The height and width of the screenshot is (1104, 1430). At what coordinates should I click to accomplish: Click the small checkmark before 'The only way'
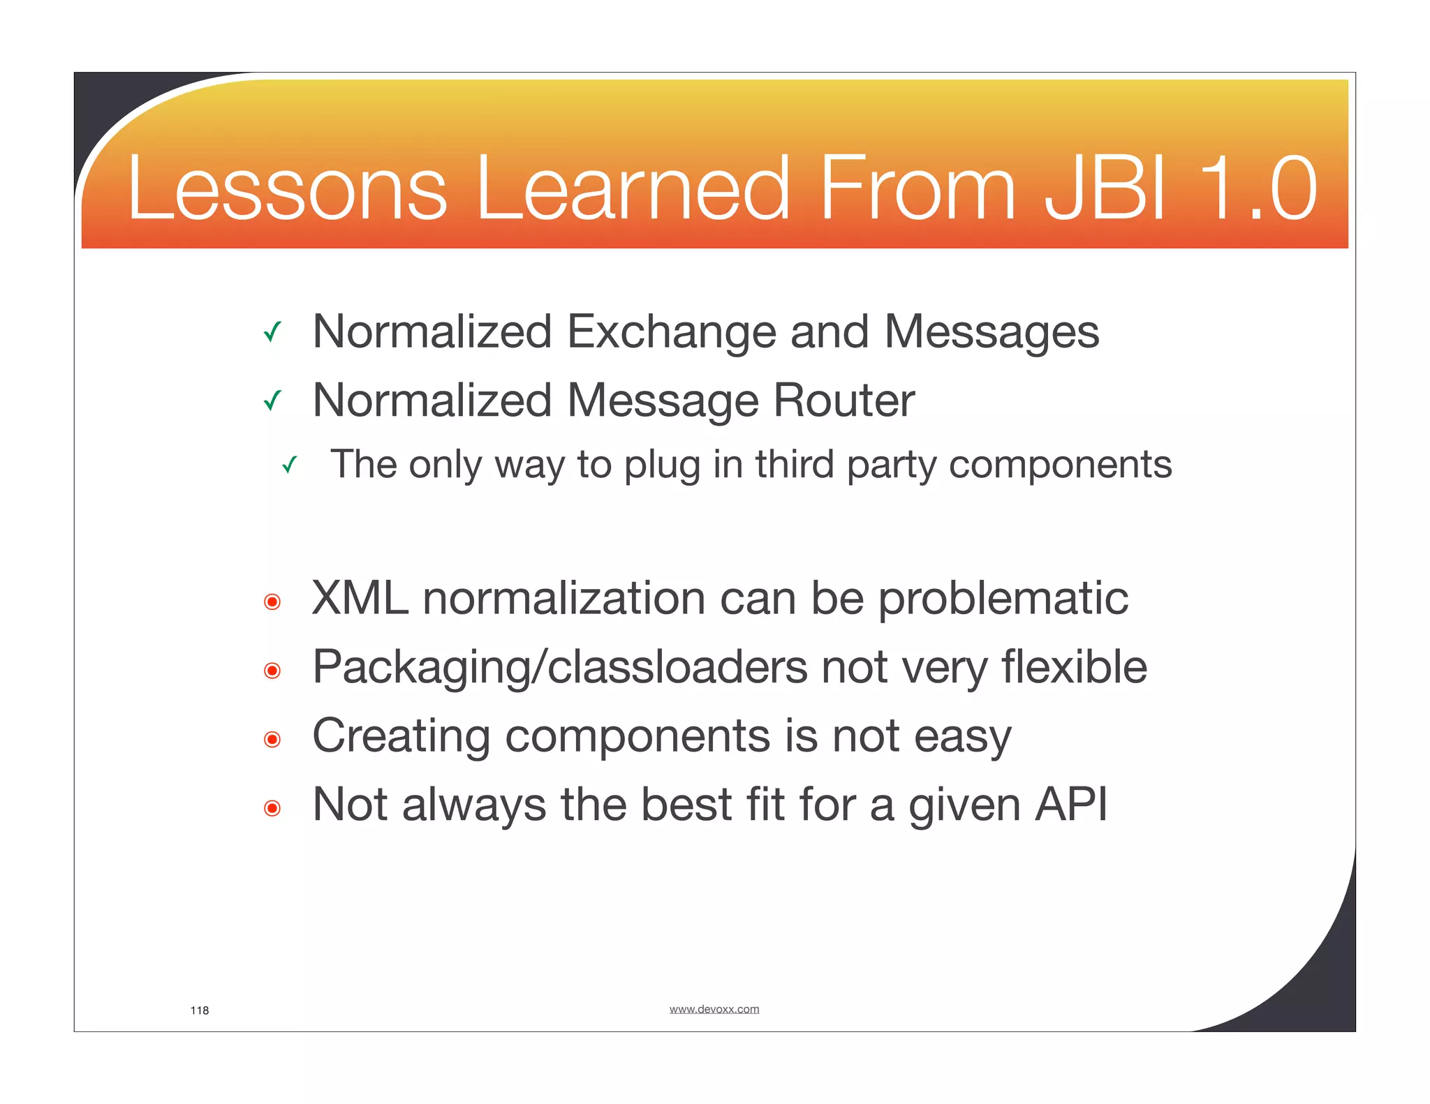pyautogui.click(x=290, y=465)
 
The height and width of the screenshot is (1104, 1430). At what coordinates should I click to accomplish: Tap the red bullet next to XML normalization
pyautogui.click(x=272, y=602)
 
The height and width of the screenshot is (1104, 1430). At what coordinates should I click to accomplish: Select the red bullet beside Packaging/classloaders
pyautogui.click(x=272, y=671)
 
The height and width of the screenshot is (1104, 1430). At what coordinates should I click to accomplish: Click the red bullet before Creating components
pyautogui.click(x=272, y=739)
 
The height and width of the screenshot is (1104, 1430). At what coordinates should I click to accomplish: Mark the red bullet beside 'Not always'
pyautogui.click(x=272, y=808)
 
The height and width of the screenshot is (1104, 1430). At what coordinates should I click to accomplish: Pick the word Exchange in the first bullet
pyautogui.click(x=671, y=332)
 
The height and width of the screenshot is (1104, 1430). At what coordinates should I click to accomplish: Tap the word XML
pyautogui.click(x=360, y=599)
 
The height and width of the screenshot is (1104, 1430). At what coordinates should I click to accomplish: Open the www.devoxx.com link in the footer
pyautogui.click(x=714, y=1009)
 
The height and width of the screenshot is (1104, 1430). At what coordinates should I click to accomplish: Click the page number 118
pyautogui.click(x=200, y=1010)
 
